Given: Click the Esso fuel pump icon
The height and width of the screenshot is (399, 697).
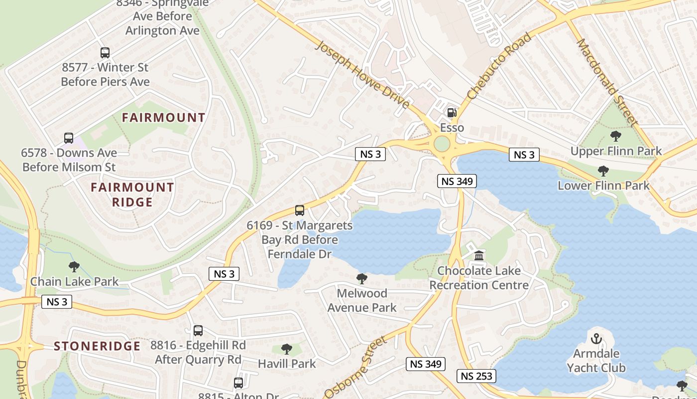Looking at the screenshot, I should point(452,113).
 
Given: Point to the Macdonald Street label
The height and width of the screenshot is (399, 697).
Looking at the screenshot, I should point(606,82).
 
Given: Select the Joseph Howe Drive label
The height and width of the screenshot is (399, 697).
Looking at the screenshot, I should point(363,75).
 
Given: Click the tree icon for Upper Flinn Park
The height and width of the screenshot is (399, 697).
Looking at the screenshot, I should point(616,136).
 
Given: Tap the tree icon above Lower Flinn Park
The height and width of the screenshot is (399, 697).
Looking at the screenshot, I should point(603,171).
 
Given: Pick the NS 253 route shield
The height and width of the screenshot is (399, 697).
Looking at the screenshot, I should point(476,376).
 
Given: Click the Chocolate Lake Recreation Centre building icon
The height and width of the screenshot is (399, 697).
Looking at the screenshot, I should point(479,256).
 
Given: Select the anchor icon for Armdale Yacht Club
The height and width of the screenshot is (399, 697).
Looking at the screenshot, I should point(596,339).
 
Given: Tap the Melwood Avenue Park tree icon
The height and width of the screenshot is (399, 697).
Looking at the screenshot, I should point(362,278).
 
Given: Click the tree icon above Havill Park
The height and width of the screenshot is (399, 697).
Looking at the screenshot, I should point(286,349).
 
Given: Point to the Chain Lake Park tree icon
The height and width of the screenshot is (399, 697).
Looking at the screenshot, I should point(74,267).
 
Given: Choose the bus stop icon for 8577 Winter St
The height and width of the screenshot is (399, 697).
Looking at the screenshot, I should point(105,52).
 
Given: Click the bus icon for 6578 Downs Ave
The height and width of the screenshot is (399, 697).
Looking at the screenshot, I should point(69,138).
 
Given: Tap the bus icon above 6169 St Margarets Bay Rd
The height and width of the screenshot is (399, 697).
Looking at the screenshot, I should point(300,210).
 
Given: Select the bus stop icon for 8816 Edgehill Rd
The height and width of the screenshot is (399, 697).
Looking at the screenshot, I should point(198,330).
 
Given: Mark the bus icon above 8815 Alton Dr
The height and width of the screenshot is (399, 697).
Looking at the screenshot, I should point(238,383).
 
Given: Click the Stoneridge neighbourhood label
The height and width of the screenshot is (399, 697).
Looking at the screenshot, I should point(97,346).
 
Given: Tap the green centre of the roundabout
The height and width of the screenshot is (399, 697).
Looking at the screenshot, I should point(442,144).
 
